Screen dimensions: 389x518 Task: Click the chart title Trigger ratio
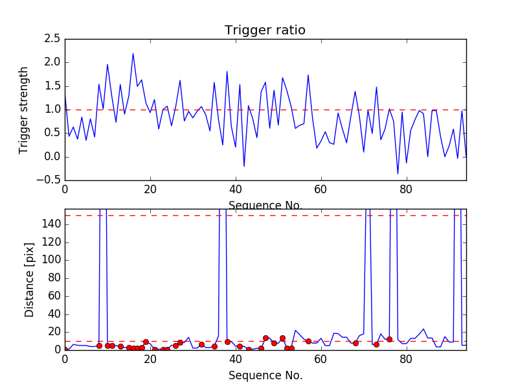pos(265,30)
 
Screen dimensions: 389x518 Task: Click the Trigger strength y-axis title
pos(24,110)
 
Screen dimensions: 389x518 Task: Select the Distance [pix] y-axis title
pos(29,279)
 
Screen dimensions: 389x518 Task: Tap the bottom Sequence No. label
pos(265,375)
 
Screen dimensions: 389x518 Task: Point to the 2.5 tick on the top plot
pos(52,39)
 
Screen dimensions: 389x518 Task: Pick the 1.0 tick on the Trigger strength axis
pos(52,110)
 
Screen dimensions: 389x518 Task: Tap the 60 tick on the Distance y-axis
pos(53,296)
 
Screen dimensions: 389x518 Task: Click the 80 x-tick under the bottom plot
pos(406,360)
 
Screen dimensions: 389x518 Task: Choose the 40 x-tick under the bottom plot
pos(236,360)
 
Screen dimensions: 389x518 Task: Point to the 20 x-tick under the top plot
pos(150,190)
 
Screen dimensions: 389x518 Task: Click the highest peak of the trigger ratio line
pos(133,54)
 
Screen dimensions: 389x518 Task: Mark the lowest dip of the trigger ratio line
pos(398,174)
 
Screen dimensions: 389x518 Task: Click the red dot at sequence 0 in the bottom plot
pos(65,349)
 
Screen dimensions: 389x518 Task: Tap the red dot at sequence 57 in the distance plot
pos(308,341)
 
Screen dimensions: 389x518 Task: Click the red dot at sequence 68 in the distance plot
pos(355,343)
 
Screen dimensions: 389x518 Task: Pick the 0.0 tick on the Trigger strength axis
pos(52,156)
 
